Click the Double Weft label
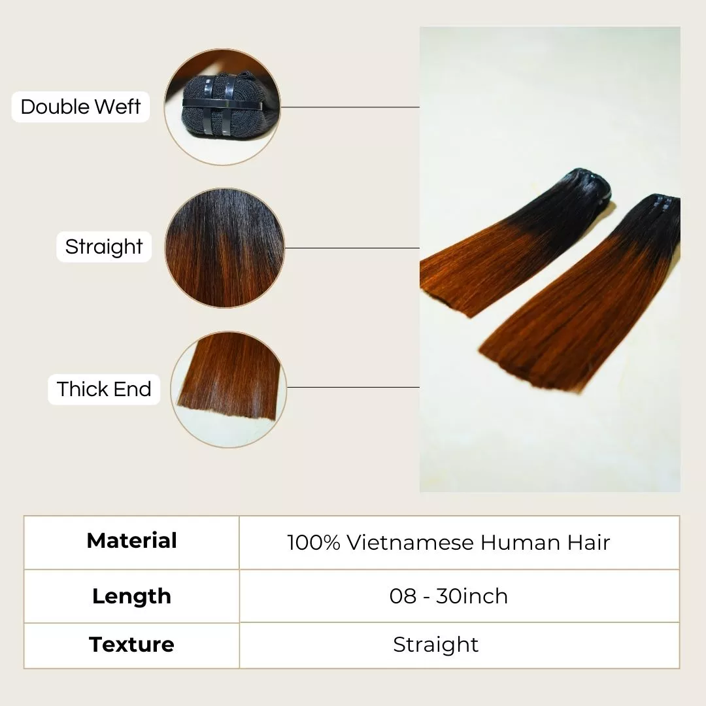point(80,107)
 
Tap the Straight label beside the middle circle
point(103,246)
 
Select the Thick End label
point(104,390)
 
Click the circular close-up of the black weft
point(222,107)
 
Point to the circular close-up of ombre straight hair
point(225,248)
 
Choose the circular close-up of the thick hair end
point(228,390)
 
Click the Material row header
point(131,541)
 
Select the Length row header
point(131,596)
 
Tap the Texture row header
point(131,645)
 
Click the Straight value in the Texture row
point(435,645)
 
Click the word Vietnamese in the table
point(410,543)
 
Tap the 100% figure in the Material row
point(313,543)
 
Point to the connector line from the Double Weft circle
point(350,107)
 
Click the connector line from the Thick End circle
point(353,387)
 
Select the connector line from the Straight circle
point(352,248)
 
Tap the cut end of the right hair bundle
point(531,367)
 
